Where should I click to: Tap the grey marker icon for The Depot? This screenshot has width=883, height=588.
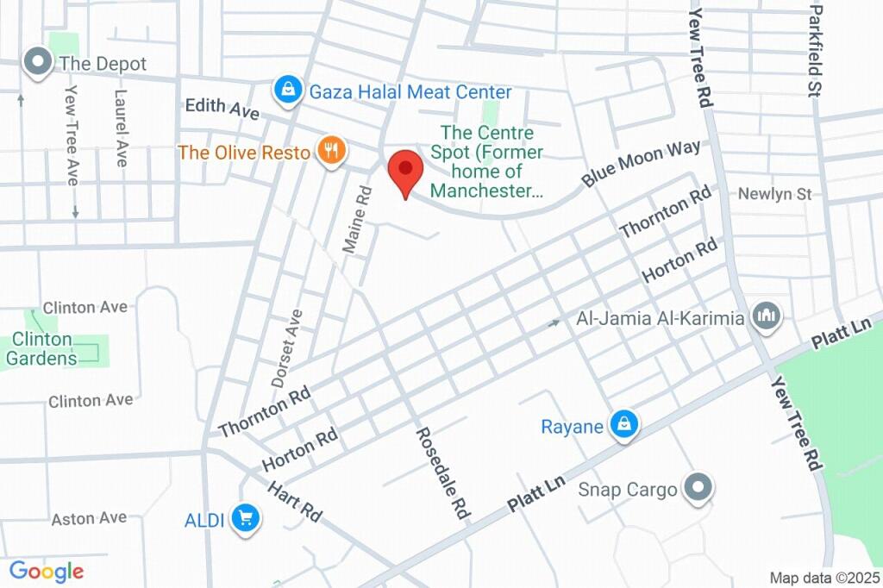(37, 62)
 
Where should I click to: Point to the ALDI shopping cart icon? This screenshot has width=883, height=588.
(247, 517)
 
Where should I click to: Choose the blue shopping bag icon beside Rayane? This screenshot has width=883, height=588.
(623, 424)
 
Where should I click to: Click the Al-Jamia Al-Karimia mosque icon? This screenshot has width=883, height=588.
(766, 316)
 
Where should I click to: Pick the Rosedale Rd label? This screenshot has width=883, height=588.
(441, 473)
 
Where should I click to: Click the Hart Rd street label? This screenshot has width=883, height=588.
(294, 501)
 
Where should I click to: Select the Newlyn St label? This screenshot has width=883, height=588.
(774, 195)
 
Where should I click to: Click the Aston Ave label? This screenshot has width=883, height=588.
(89, 518)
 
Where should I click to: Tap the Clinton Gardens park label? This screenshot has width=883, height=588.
(41, 349)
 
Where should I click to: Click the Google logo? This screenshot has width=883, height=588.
(47, 571)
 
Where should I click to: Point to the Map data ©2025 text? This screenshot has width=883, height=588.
(824, 578)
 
